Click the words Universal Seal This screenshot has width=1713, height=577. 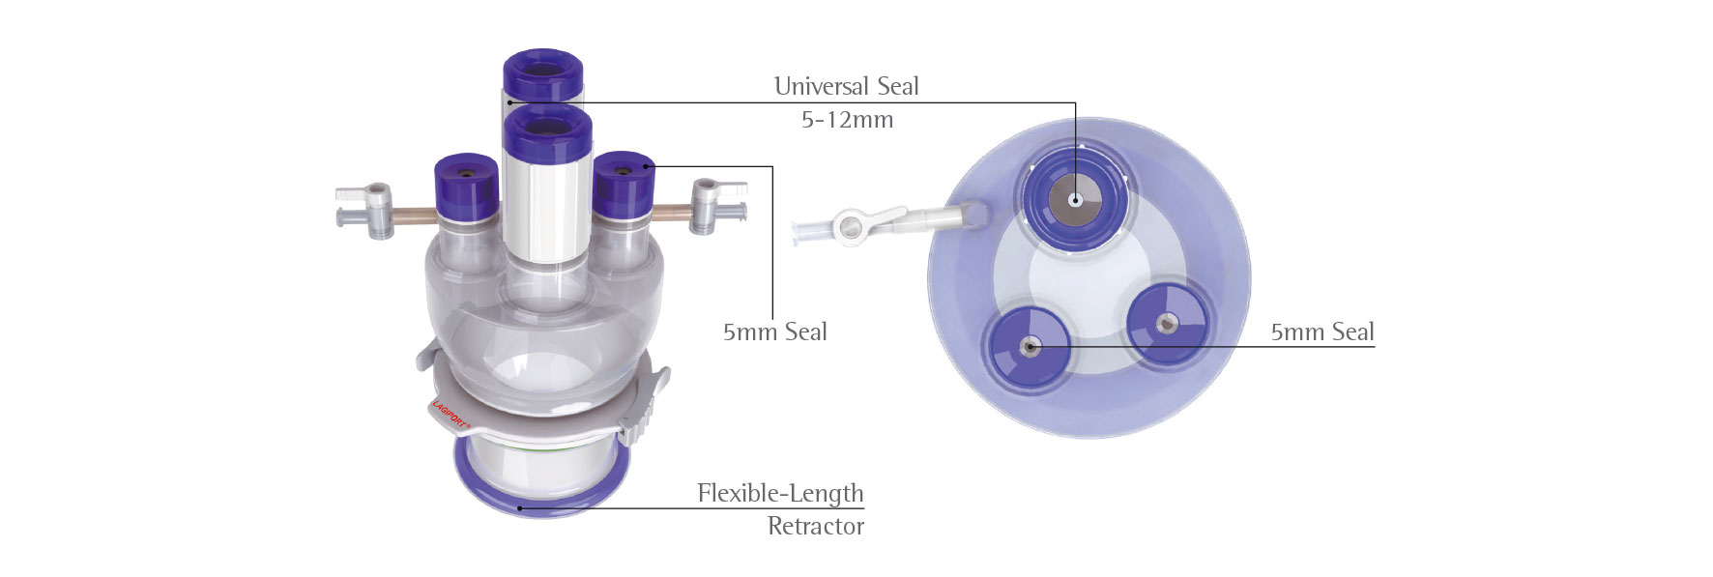coord(846,86)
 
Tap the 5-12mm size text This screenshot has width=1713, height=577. coord(847,120)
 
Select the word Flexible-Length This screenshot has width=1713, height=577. coord(780,493)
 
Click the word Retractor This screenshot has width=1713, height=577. coord(816,526)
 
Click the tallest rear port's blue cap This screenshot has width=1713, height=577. coord(542,74)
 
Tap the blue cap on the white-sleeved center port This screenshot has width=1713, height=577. coord(548,133)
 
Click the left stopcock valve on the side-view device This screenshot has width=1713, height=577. coord(366,206)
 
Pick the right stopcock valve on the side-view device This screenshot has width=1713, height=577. coord(716,204)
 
